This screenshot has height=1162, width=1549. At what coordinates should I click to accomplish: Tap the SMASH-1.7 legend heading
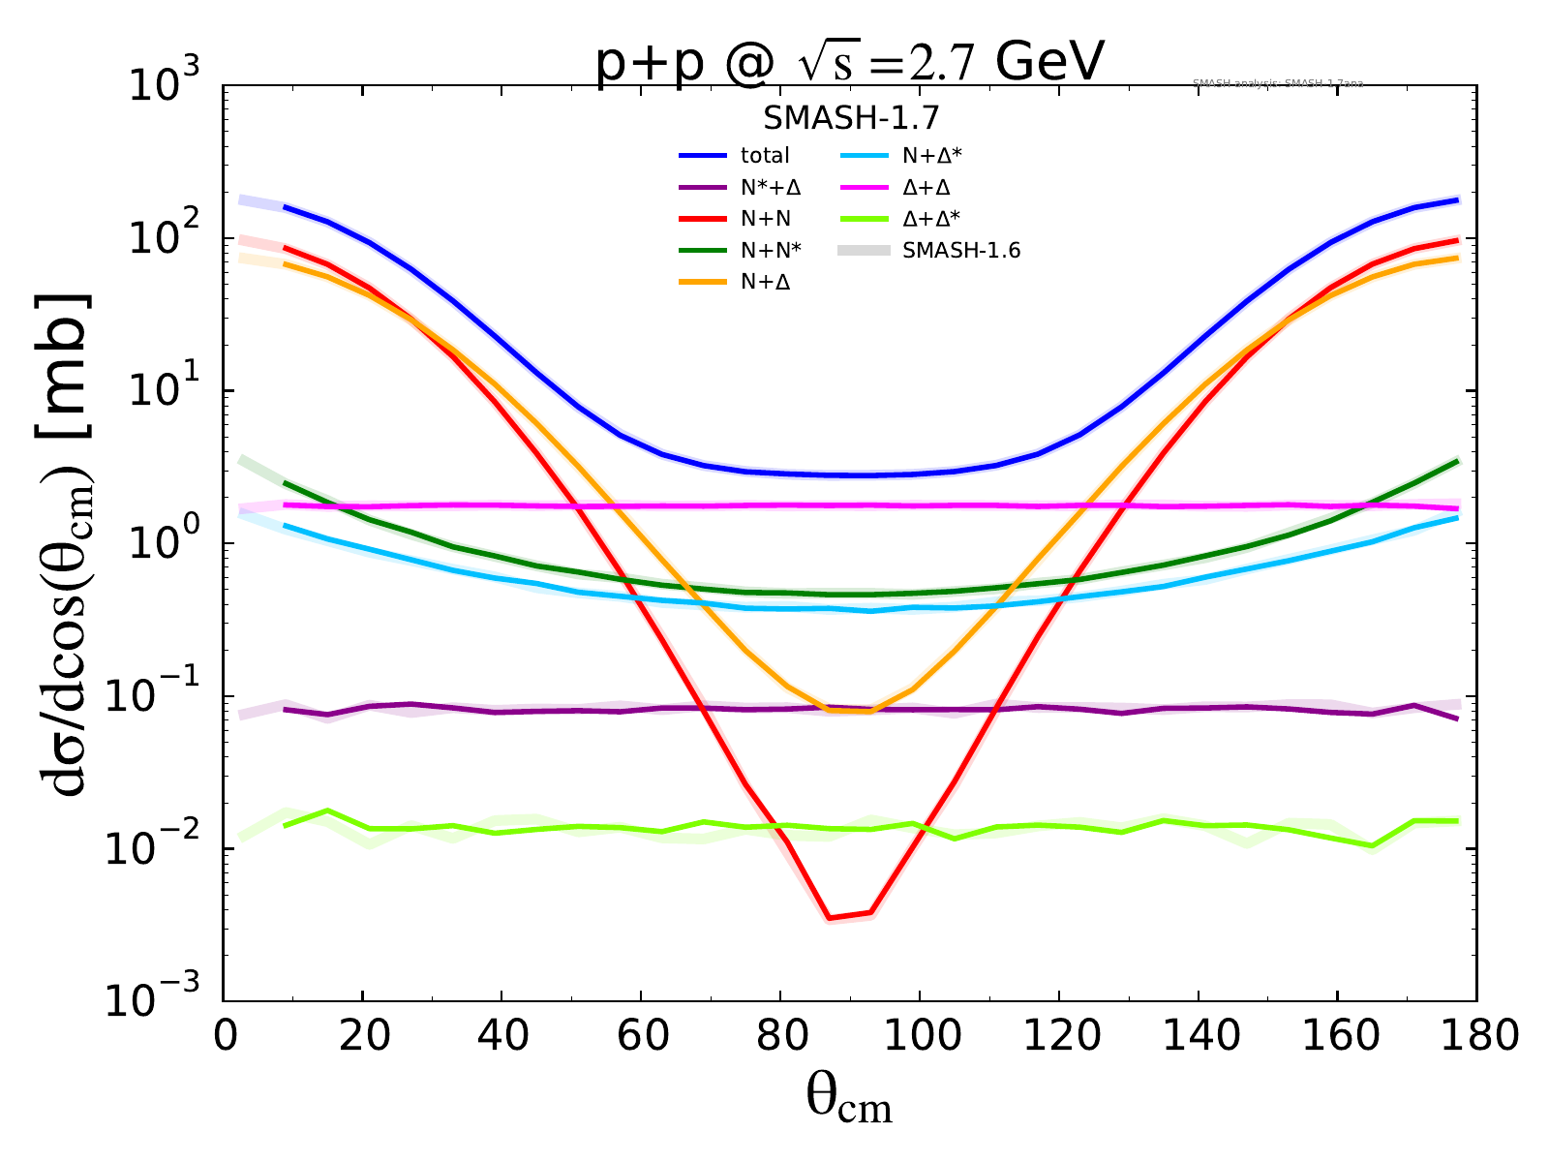point(851,118)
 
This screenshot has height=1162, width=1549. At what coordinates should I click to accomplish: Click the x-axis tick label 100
point(919,1036)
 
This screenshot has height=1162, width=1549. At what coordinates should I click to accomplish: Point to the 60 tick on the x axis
point(640,1036)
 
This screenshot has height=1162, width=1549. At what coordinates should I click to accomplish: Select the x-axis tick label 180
point(1475,1036)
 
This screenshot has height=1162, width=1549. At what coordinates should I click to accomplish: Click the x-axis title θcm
point(849,1100)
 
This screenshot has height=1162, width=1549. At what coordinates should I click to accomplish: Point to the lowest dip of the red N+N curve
point(830,918)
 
